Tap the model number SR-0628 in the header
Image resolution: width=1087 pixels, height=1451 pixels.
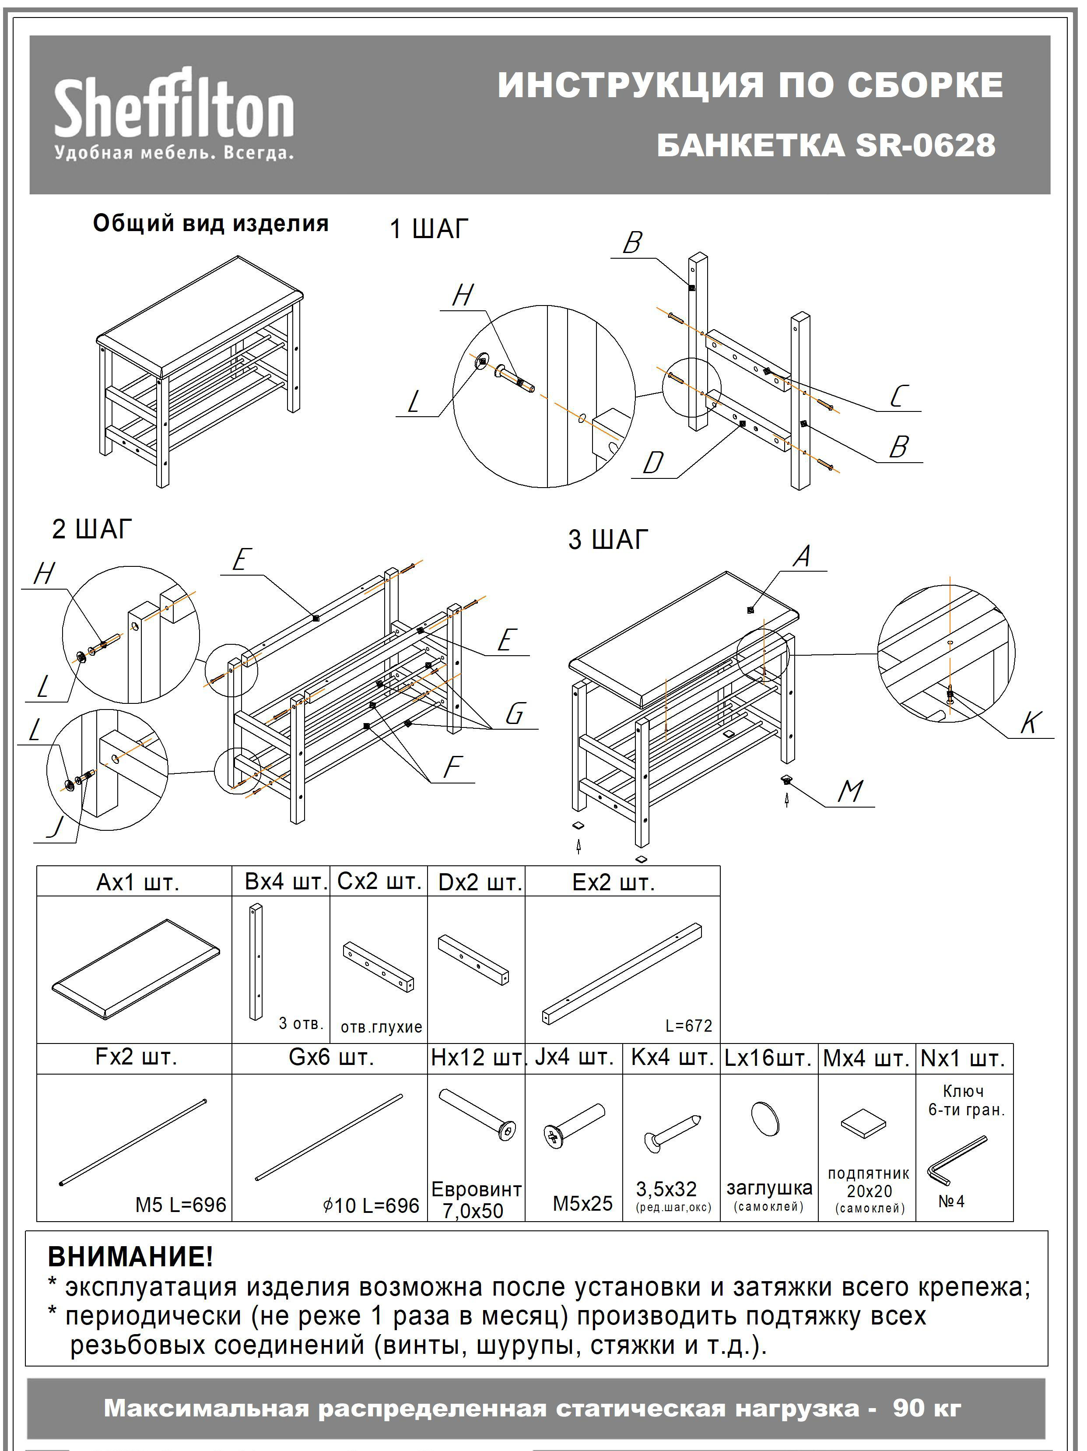925,145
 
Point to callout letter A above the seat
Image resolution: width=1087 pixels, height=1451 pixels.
802,557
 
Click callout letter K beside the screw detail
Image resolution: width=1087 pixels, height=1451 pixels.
1030,723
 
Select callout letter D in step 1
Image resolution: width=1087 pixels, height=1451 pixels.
653,463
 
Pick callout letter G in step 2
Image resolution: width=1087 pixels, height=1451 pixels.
515,713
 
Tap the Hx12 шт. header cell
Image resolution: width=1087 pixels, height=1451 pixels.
477,1058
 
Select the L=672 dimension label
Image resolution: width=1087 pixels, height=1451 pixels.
688,1025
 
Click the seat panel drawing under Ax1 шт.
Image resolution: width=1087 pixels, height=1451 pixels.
135,969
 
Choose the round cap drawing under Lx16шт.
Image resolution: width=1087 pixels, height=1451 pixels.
765,1118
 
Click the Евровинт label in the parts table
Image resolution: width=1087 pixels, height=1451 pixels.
476,1189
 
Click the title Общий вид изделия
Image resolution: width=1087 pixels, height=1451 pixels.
210,224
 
